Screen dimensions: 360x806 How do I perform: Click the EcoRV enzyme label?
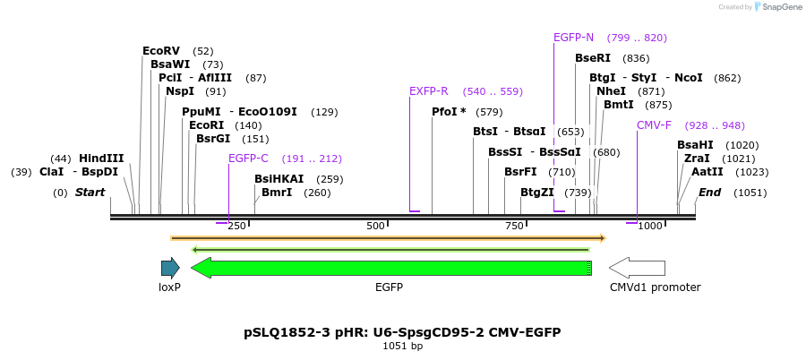[161, 51]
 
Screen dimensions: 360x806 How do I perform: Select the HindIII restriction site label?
[101, 159]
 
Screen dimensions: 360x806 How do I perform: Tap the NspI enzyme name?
[180, 91]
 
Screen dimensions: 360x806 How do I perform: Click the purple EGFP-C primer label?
[248, 159]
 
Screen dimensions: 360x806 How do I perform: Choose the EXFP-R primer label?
[428, 91]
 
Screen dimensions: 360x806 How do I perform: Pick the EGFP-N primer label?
[573, 38]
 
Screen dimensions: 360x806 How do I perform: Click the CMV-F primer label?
[654, 125]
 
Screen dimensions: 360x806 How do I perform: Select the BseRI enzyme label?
[593, 58]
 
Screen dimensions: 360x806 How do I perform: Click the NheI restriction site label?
[611, 91]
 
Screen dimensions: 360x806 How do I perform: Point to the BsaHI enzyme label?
[695, 145]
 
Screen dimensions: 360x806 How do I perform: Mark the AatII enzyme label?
[707, 172]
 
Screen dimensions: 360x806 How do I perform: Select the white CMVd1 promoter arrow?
[637, 268]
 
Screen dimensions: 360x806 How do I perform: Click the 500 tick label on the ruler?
[375, 226]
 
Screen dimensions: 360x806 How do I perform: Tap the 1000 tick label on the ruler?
[650, 226]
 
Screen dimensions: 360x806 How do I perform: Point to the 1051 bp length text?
[402, 346]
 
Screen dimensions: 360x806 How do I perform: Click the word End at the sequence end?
[709, 193]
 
